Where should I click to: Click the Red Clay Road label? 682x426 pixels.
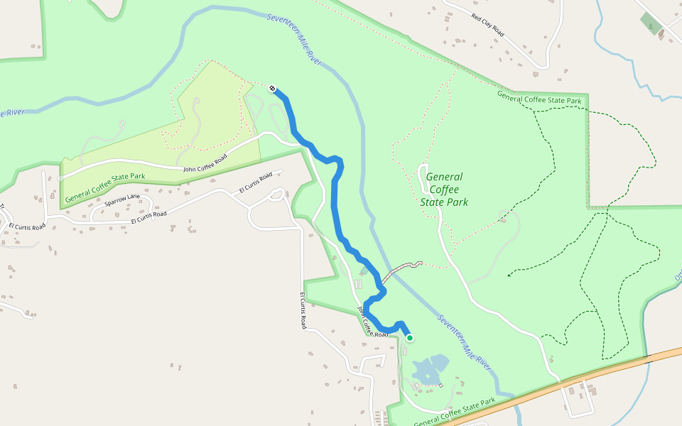[x=487, y=24]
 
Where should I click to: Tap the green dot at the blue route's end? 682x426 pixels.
[x=410, y=338]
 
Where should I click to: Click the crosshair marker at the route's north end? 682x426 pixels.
[x=273, y=88]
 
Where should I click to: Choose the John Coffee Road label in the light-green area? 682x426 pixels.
[x=205, y=163]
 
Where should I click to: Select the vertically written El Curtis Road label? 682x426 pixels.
[x=303, y=311]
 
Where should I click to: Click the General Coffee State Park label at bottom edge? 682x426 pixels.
[x=454, y=413]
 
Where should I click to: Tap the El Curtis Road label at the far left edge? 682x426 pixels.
[x=27, y=227]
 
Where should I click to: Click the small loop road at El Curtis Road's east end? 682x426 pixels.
[x=276, y=194]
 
